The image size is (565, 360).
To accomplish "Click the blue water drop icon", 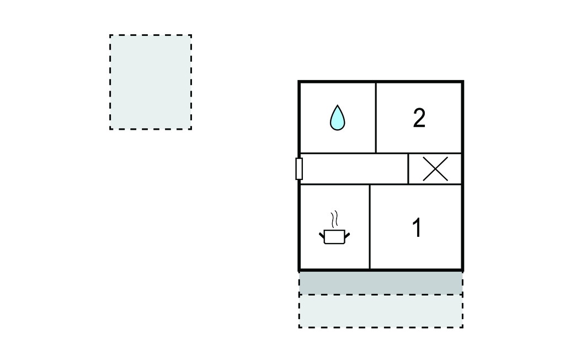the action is tap(337, 118).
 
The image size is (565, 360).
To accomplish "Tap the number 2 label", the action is tap(419, 118).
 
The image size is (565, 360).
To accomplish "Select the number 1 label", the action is tap(417, 227).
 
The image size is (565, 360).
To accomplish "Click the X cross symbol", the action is tap(435, 169).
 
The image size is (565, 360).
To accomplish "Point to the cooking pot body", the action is tap(335, 237).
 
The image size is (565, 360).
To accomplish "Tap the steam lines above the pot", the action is tap(335, 220).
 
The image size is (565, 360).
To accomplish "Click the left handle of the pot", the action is tap(322, 236).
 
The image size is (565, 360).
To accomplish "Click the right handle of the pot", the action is tap(348, 236).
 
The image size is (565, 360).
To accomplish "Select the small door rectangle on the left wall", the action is tap(299, 169).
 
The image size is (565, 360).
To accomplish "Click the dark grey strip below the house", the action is tap(381, 283).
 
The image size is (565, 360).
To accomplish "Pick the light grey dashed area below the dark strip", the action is tap(381, 311).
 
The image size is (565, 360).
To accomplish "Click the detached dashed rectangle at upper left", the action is tap(151, 82).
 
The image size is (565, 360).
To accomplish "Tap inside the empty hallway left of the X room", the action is tap(354, 169).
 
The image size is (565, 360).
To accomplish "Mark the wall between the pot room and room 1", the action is tap(370, 227).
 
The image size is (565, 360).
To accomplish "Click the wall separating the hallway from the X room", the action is tap(408, 169).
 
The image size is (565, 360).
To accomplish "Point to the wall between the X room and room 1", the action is tap(435, 184).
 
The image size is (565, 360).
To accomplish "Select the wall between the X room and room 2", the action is tap(435, 153).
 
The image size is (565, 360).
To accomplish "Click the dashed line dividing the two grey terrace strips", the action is tap(381, 294).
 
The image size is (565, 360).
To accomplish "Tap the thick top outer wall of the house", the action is tap(381, 82).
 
